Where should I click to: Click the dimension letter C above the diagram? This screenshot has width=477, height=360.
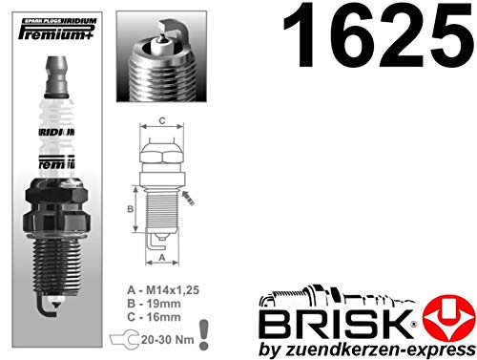coord(161,121)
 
